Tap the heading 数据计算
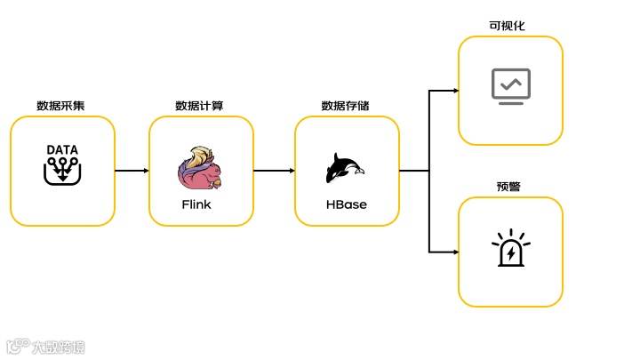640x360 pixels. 199,106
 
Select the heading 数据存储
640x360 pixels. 345,106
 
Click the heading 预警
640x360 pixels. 509,187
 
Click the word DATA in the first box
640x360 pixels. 62,149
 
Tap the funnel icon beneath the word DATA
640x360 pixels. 62,172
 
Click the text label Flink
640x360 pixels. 196,204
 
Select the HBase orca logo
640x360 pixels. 346,168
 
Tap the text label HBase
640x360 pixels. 346,204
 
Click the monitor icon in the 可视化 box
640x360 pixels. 510,86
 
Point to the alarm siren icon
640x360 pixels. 510,249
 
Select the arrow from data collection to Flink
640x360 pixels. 132,171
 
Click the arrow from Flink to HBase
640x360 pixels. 274,171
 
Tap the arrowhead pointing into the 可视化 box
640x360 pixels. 454,91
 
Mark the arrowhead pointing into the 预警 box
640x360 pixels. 454,252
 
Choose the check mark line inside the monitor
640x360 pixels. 510,84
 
